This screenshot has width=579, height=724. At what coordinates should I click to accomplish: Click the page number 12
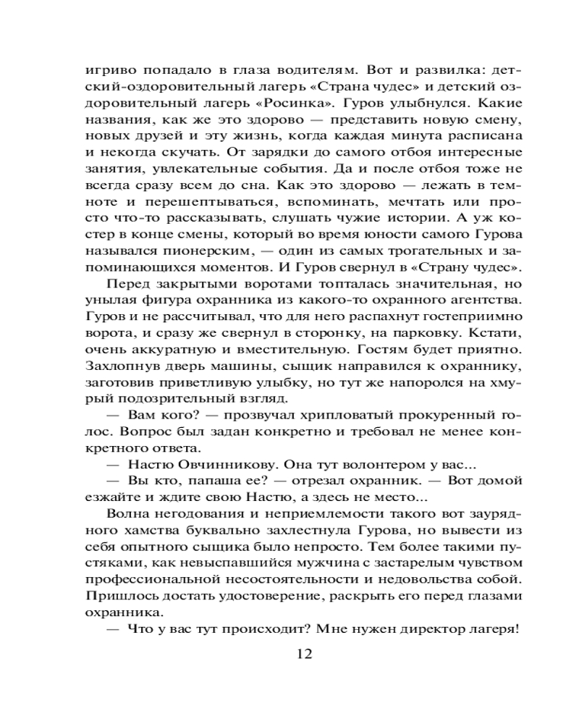[304, 654]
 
